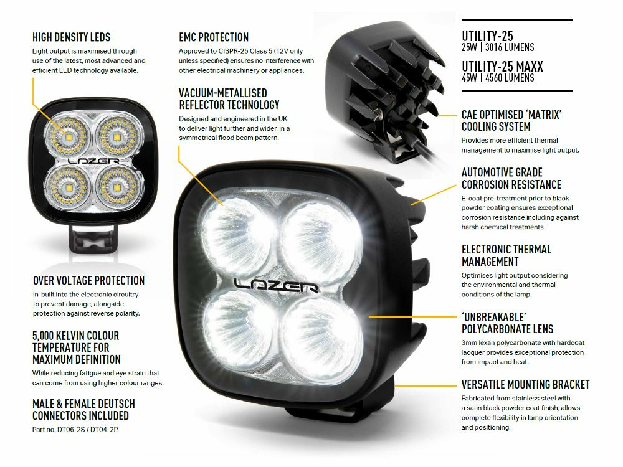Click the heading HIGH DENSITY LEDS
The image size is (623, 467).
click(x=71, y=37)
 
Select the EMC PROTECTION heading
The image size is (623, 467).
click(x=214, y=37)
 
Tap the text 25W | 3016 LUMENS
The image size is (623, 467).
click(x=498, y=47)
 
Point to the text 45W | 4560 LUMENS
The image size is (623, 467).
click(x=498, y=78)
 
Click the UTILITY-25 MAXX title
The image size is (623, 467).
click(x=502, y=65)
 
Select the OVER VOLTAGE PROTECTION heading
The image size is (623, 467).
click(x=88, y=281)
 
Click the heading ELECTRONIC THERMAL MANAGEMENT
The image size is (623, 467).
click(x=506, y=255)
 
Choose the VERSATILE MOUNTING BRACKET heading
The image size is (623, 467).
click(x=525, y=384)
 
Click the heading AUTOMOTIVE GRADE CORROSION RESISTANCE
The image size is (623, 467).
click(x=511, y=178)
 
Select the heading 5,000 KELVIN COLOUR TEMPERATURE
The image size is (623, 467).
click(x=75, y=347)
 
